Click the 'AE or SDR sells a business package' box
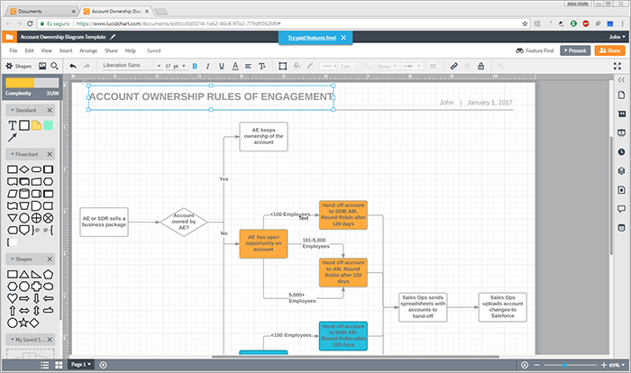104,222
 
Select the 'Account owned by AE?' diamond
184,222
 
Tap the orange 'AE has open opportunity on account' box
263,244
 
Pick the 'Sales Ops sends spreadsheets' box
424,306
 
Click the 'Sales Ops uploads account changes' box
502,306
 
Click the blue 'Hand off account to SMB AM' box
343,335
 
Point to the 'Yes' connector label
224,178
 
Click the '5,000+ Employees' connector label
302,297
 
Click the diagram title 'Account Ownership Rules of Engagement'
211,96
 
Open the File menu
14,50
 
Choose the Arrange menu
88,50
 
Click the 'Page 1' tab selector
81,364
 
